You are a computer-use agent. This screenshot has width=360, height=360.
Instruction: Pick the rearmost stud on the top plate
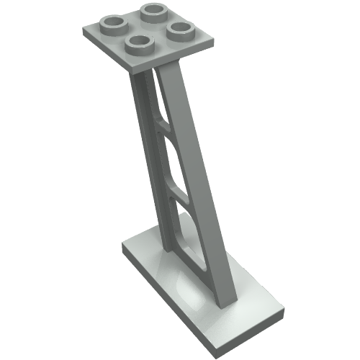153,12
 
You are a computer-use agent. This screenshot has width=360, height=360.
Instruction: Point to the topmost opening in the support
157,97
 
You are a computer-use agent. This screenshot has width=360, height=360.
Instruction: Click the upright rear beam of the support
148,158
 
